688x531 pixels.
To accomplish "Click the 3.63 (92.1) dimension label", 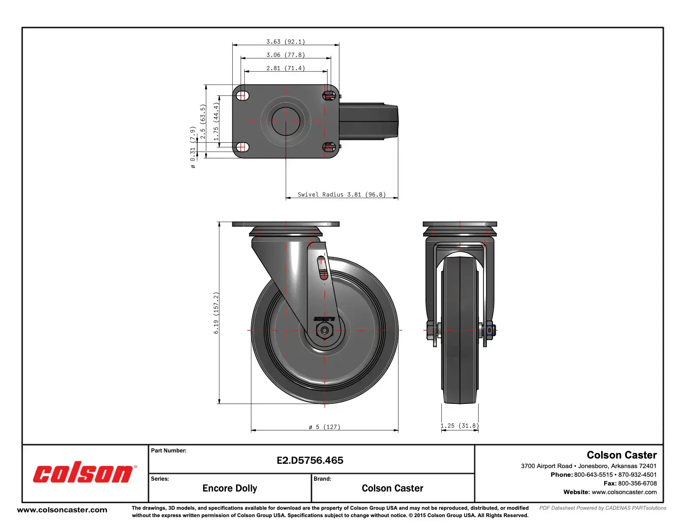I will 285,42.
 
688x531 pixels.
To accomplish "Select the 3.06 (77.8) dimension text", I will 285,55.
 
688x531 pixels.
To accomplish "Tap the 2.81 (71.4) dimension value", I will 285,68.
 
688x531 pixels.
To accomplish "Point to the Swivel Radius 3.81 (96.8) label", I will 341,194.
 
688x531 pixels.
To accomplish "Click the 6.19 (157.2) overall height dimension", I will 216,313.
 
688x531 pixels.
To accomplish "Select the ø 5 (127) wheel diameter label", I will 324,427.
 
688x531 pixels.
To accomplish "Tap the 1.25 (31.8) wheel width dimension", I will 460,426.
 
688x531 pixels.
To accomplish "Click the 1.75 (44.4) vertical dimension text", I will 216,121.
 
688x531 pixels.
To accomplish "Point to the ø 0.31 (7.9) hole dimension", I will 192,147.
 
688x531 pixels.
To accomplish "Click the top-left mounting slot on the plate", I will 243,95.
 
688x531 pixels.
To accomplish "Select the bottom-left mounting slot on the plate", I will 243,147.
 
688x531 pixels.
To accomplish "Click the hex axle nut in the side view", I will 324,331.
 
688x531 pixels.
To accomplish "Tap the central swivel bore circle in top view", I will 286,121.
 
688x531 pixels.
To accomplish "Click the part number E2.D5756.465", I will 310,460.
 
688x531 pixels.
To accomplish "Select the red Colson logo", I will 83,474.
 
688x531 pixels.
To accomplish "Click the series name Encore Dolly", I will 229,488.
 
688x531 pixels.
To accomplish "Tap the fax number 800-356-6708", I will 637,483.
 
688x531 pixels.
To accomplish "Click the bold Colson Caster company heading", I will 621,455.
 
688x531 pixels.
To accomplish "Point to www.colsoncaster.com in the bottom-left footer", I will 62,510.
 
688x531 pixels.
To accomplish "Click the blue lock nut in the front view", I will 490,331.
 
